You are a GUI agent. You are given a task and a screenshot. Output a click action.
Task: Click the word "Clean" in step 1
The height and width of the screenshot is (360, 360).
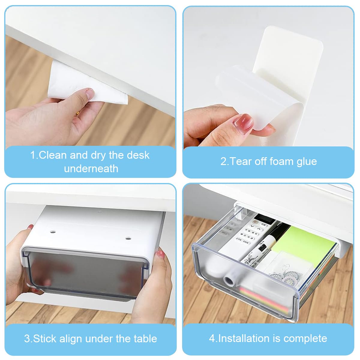(x=53, y=155)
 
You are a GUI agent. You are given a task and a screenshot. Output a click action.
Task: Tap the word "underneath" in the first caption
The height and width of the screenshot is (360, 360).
(x=91, y=169)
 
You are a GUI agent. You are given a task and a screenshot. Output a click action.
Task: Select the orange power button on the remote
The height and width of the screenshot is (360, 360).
(x=255, y=222)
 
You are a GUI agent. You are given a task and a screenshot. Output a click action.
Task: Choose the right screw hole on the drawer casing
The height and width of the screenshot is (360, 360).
(x=128, y=238)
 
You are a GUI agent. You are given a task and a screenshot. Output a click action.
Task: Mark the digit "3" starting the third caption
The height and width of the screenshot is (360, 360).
(x=27, y=339)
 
